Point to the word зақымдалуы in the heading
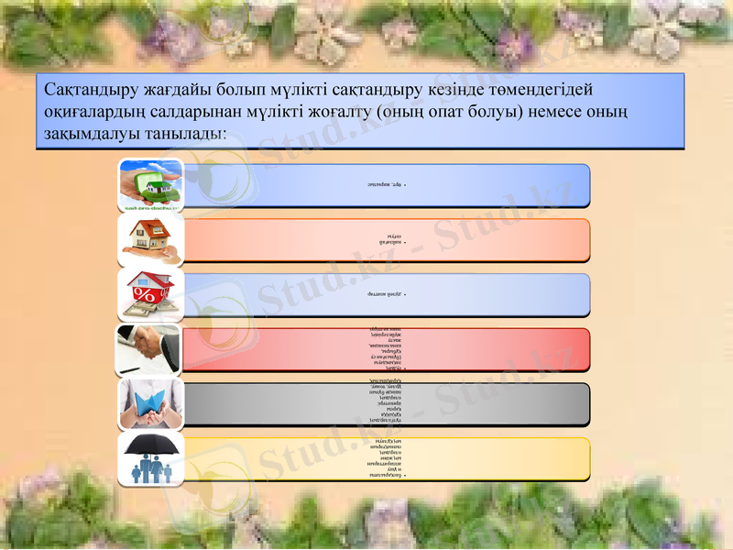[x=85, y=133]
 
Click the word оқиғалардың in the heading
[x=93, y=112]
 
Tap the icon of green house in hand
[x=150, y=185]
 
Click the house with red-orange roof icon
[x=150, y=240]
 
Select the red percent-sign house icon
[x=150, y=295]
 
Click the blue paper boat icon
[x=150, y=404]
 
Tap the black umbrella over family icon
[x=150, y=459]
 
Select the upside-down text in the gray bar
[x=388, y=404]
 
